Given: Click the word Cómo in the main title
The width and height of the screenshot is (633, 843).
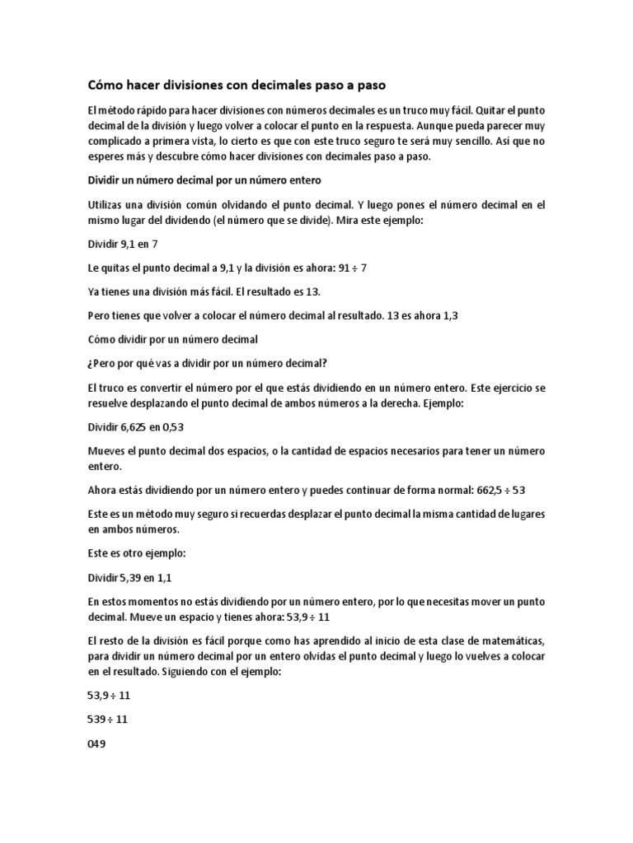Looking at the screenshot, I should pyautogui.click(x=105, y=86).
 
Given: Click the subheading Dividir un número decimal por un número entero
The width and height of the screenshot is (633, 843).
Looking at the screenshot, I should pyautogui.click(x=204, y=180).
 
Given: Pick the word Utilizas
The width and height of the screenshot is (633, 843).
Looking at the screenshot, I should pyautogui.click(x=107, y=204).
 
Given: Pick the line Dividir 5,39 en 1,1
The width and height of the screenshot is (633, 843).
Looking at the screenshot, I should pyautogui.click(x=130, y=578).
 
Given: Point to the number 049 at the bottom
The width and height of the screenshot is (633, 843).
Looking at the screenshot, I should pyautogui.click(x=97, y=743).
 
